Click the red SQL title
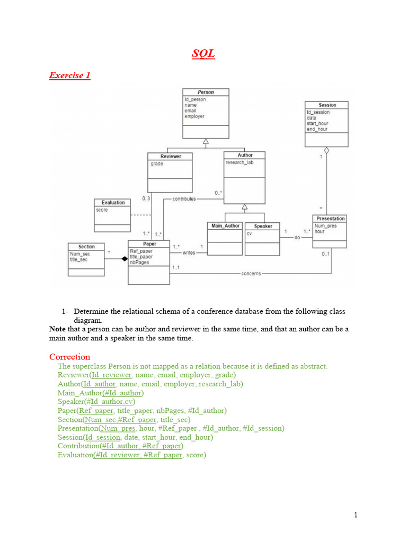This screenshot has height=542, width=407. (203, 54)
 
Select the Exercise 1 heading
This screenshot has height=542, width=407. (69, 75)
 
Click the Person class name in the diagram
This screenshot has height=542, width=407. (206, 92)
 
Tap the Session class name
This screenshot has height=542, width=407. (327, 105)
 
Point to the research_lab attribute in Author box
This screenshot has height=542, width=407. (239, 162)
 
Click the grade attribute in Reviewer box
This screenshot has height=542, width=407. (156, 164)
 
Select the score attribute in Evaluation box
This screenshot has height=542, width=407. (102, 210)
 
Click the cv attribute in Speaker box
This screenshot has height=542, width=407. (249, 233)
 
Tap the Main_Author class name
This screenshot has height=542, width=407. (225, 225)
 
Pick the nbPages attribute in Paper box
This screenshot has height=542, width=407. (139, 263)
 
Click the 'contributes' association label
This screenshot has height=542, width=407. (184, 199)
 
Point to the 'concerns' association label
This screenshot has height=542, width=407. (251, 274)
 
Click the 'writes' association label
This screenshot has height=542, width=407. (189, 253)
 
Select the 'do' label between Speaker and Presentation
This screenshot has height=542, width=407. (297, 238)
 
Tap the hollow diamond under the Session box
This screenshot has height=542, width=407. (327, 151)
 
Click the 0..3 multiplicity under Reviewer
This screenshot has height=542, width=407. (147, 198)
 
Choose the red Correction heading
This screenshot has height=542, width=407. (69, 357)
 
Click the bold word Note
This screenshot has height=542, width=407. (57, 329)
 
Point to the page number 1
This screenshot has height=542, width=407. (357, 515)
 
